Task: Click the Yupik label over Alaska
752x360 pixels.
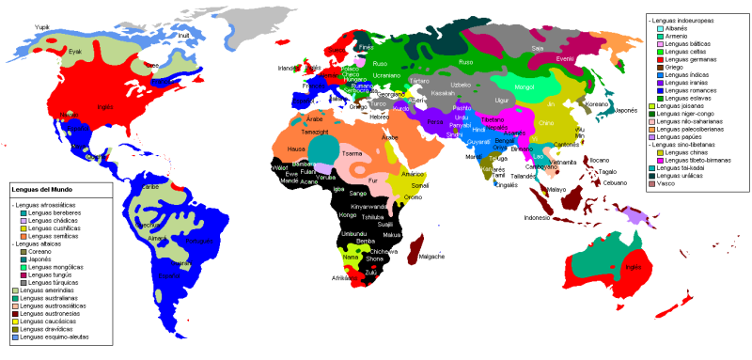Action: [40, 28]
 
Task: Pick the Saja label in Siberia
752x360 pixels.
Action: [538, 47]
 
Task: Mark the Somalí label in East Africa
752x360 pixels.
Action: [419, 186]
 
